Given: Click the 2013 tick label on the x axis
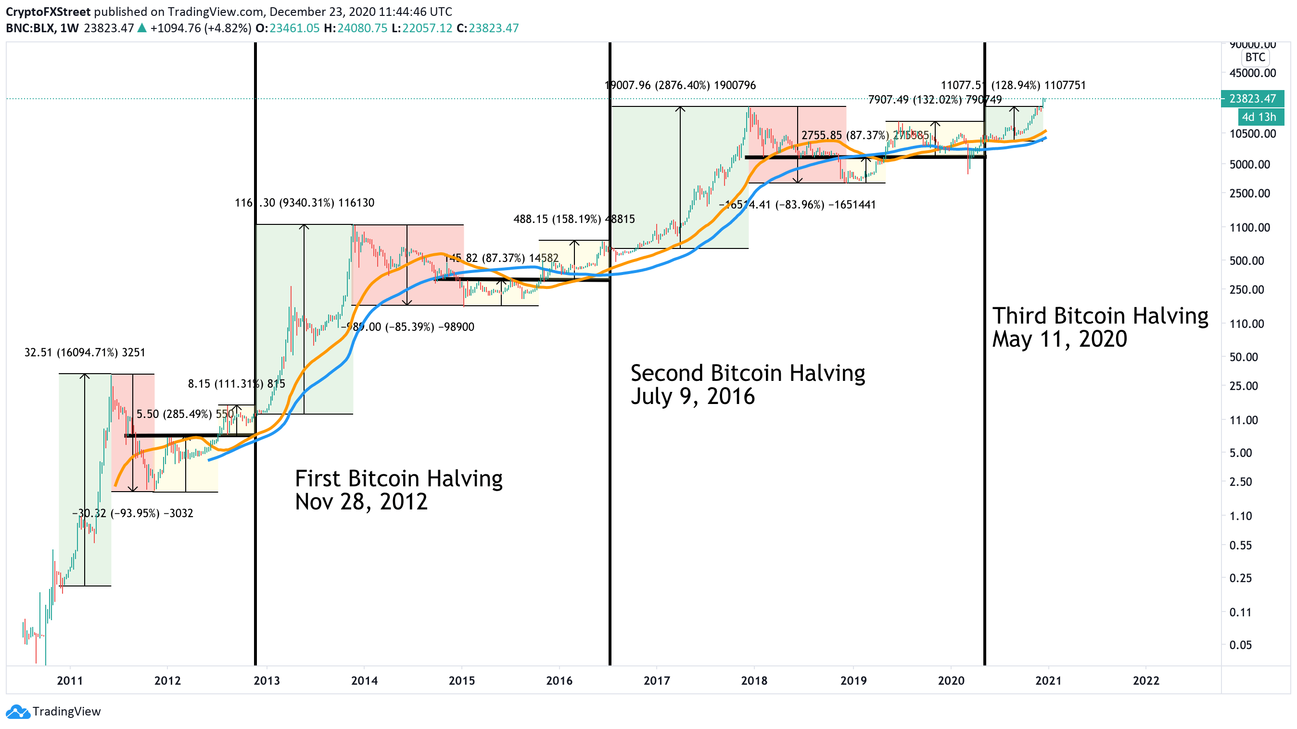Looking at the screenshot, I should [x=267, y=681].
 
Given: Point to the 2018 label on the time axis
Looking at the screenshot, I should [x=754, y=681].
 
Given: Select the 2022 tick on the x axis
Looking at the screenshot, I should [x=1145, y=681].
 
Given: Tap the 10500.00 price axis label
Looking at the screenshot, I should [x=1252, y=133].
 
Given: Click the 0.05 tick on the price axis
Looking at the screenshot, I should [x=1240, y=645].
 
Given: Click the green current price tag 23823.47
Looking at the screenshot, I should [x=1252, y=99].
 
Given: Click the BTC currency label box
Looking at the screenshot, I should [x=1255, y=57].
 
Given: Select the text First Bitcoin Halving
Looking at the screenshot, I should [x=398, y=479].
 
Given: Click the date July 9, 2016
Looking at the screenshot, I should [x=692, y=396].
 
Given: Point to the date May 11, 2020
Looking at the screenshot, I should [x=1059, y=339].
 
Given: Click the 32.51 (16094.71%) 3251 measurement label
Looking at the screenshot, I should [x=85, y=352].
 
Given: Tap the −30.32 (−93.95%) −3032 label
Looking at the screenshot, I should [x=133, y=513].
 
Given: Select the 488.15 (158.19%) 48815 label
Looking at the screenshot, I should [x=574, y=219].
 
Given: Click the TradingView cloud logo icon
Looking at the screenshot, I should [x=18, y=711].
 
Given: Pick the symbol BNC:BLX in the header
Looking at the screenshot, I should [x=30, y=28].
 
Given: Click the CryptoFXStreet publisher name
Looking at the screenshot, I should [x=48, y=12].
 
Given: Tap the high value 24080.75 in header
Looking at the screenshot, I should [x=362, y=28].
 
